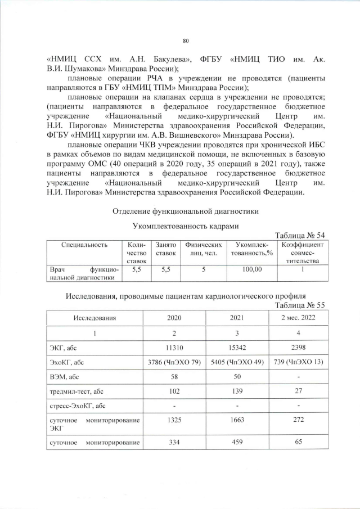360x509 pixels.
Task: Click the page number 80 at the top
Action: pyautogui.click(x=186, y=40)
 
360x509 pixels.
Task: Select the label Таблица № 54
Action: pyautogui.click(x=299, y=235)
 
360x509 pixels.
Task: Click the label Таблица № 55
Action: pyautogui.click(x=299, y=305)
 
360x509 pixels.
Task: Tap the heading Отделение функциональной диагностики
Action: pyautogui.click(x=186, y=211)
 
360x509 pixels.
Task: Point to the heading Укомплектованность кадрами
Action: pyautogui.click(x=185, y=226)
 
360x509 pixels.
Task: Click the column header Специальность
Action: pyautogui.click(x=84, y=245)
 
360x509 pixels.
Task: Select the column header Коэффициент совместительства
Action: pyautogui.click(x=302, y=253)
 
